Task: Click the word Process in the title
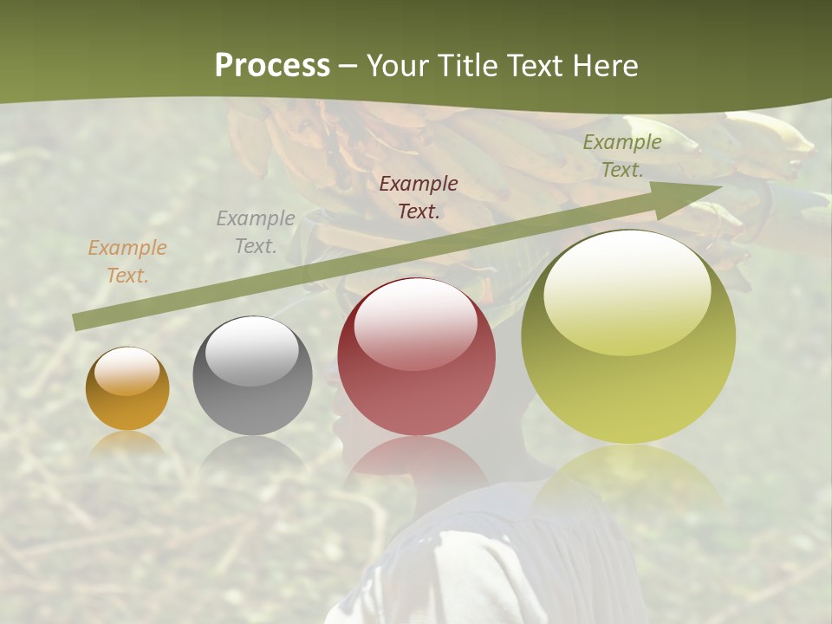[272, 66]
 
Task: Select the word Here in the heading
[605, 66]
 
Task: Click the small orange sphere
[127, 389]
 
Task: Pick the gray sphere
[252, 376]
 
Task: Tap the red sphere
[416, 357]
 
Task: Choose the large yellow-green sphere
[628, 336]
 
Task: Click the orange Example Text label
[127, 262]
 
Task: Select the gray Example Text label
[255, 232]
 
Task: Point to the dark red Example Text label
[419, 197]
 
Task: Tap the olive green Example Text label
[621, 156]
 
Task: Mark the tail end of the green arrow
[78, 322]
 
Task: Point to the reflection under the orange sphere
[127, 442]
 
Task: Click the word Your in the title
[398, 66]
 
